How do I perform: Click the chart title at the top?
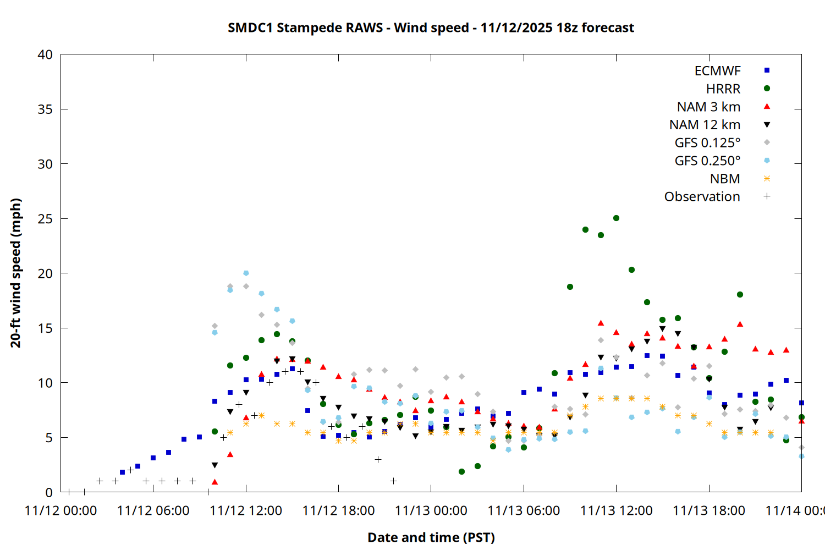[x=431, y=28]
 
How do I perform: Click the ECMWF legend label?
[x=717, y=71]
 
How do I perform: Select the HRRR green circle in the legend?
[x=767, y=89]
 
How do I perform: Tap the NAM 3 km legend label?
[x=708, y=107]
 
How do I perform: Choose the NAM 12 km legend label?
[x=705, y=125]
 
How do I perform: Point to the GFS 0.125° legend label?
[x=707, y=143]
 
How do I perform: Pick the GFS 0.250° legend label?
[x=707, y=161]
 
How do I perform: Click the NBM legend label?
[x=725, y=179]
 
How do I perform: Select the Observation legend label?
[x=702, y=197]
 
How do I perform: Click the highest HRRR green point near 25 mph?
[x=616, y=218]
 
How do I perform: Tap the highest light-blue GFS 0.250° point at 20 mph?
[x=246, y=273]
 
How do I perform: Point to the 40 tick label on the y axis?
[x=45, y=54]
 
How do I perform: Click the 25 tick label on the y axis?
[x=45, y=219]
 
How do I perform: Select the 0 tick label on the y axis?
[x=49, y=492]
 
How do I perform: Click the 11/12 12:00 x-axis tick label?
[x=246, y=510]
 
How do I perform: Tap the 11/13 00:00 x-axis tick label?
[x=431, y=510]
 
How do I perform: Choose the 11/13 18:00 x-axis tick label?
[x=708, y=510]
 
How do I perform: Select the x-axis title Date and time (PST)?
[x=431, y=537]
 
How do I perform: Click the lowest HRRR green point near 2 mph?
[x=461, y=472]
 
